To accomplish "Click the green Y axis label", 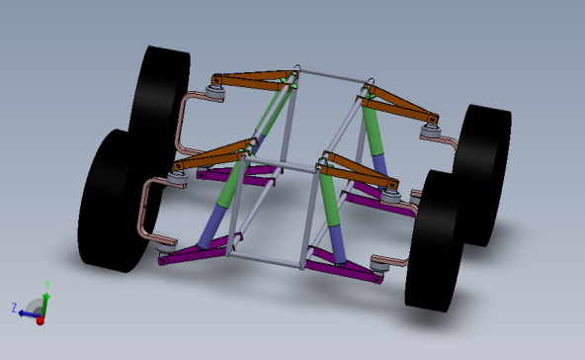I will pyautogui.click(x=47, y=285).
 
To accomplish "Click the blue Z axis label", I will pyautogui.click(x=14, y=308).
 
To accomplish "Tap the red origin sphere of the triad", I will pyautogui.click(x=40, y=319).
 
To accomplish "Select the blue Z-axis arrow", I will pyautogui.click(x=27, y=311).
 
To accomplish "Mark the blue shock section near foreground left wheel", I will pyautogui.click(x=210, y=229).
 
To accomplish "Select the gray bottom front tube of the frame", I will pyautogui.click(x=267, y=260).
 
